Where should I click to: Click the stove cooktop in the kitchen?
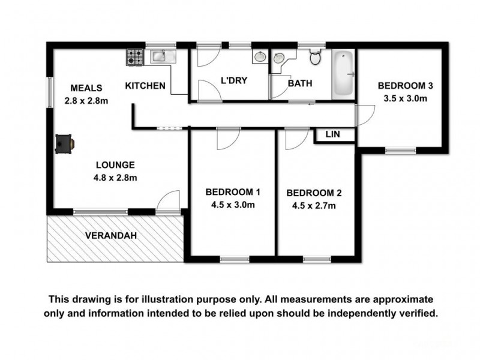(x=134, y=57)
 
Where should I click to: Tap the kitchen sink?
(x=161, y=56)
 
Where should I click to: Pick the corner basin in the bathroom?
(x=279, y=59)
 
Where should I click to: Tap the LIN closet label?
(x=332, y=135)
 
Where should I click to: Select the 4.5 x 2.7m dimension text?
(x=314, y=206)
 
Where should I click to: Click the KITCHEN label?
(x=145, y=86)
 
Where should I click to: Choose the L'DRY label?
(x=235, y=81)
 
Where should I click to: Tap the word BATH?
(x=300, y=83)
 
